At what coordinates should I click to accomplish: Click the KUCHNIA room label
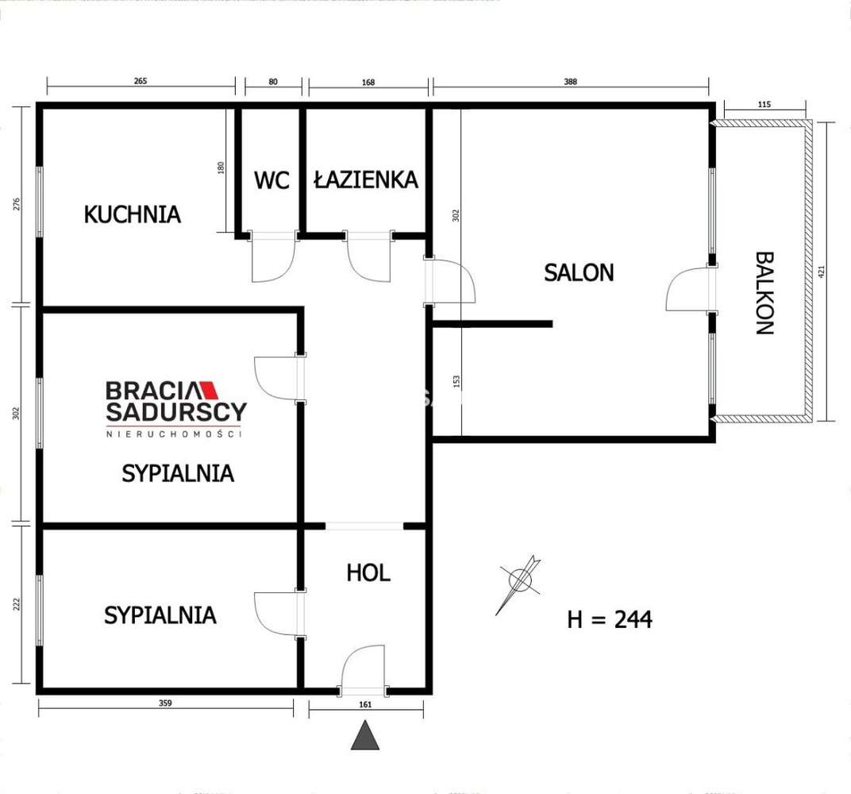pyautogui.click(x=133, y=214)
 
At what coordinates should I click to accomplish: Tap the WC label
pyautogui.click(x=271, y=179)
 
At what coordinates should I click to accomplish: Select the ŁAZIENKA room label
pyautogui.click(x=366, y=179)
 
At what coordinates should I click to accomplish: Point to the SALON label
pyautogui.click(x=579, y=272)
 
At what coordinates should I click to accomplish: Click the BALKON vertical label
pyautogui.click(x=764, y=293)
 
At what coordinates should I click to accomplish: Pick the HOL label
pyautogui.click(x=368, y=572)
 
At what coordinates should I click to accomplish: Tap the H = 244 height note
pyautogui.click(x=610, y=619)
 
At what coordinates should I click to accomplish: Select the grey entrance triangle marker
pyautogui.click(x=365, y=736)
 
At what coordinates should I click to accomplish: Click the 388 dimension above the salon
pyautogui.click(x=570, y=81)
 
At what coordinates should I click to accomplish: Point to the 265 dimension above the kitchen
pyautogui.click(x=141, y=81)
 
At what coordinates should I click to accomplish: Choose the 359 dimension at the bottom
pyautogui.click(x=165, y=703)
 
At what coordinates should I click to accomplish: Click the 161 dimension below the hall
pyautogui.click(x=365, y=703)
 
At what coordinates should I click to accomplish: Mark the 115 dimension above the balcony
pyautogui.click(x=764, y=104)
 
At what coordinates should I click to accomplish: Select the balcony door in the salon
pyautogui.click(x=690, y=290)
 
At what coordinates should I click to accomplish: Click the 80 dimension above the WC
pyautogui.click(x=273, y=81)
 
